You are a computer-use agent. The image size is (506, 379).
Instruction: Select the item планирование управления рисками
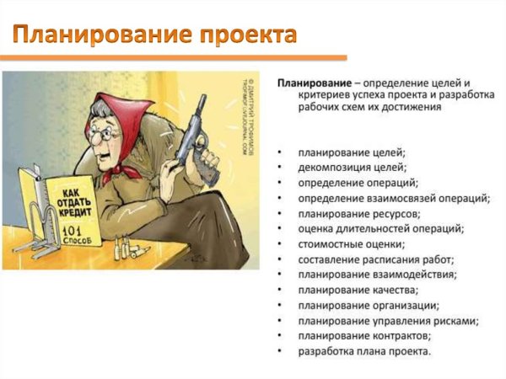point(388,320)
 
